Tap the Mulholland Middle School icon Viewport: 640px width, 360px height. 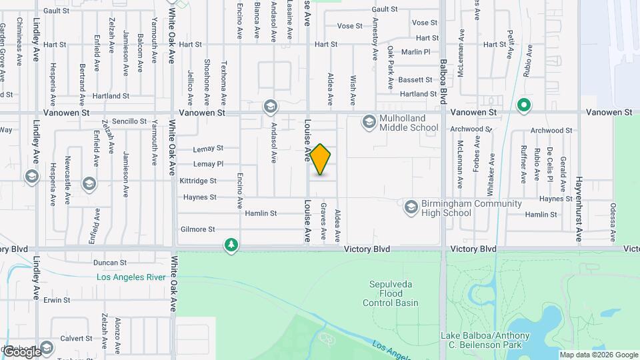(x=369, y=122)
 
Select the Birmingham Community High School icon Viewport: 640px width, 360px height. (x=411, y=208)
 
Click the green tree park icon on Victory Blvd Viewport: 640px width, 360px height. (x=231, y=245)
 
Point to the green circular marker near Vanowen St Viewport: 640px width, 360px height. (x=524, y=105)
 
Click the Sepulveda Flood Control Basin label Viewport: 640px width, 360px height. (x=391, y=293)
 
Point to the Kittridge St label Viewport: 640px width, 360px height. (x=198, y=181)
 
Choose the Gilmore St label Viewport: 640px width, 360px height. (x=198, y=229)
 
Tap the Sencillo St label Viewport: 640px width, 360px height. (x=129, y=121)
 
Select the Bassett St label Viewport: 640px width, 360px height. (x=415, y=80)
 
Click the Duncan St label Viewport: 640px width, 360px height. (x=110, y=263)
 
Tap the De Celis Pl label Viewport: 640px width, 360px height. (x=550, y=164)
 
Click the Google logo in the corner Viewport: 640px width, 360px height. (x=21, y=351)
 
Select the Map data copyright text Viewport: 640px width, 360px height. (x=598, y=355)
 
